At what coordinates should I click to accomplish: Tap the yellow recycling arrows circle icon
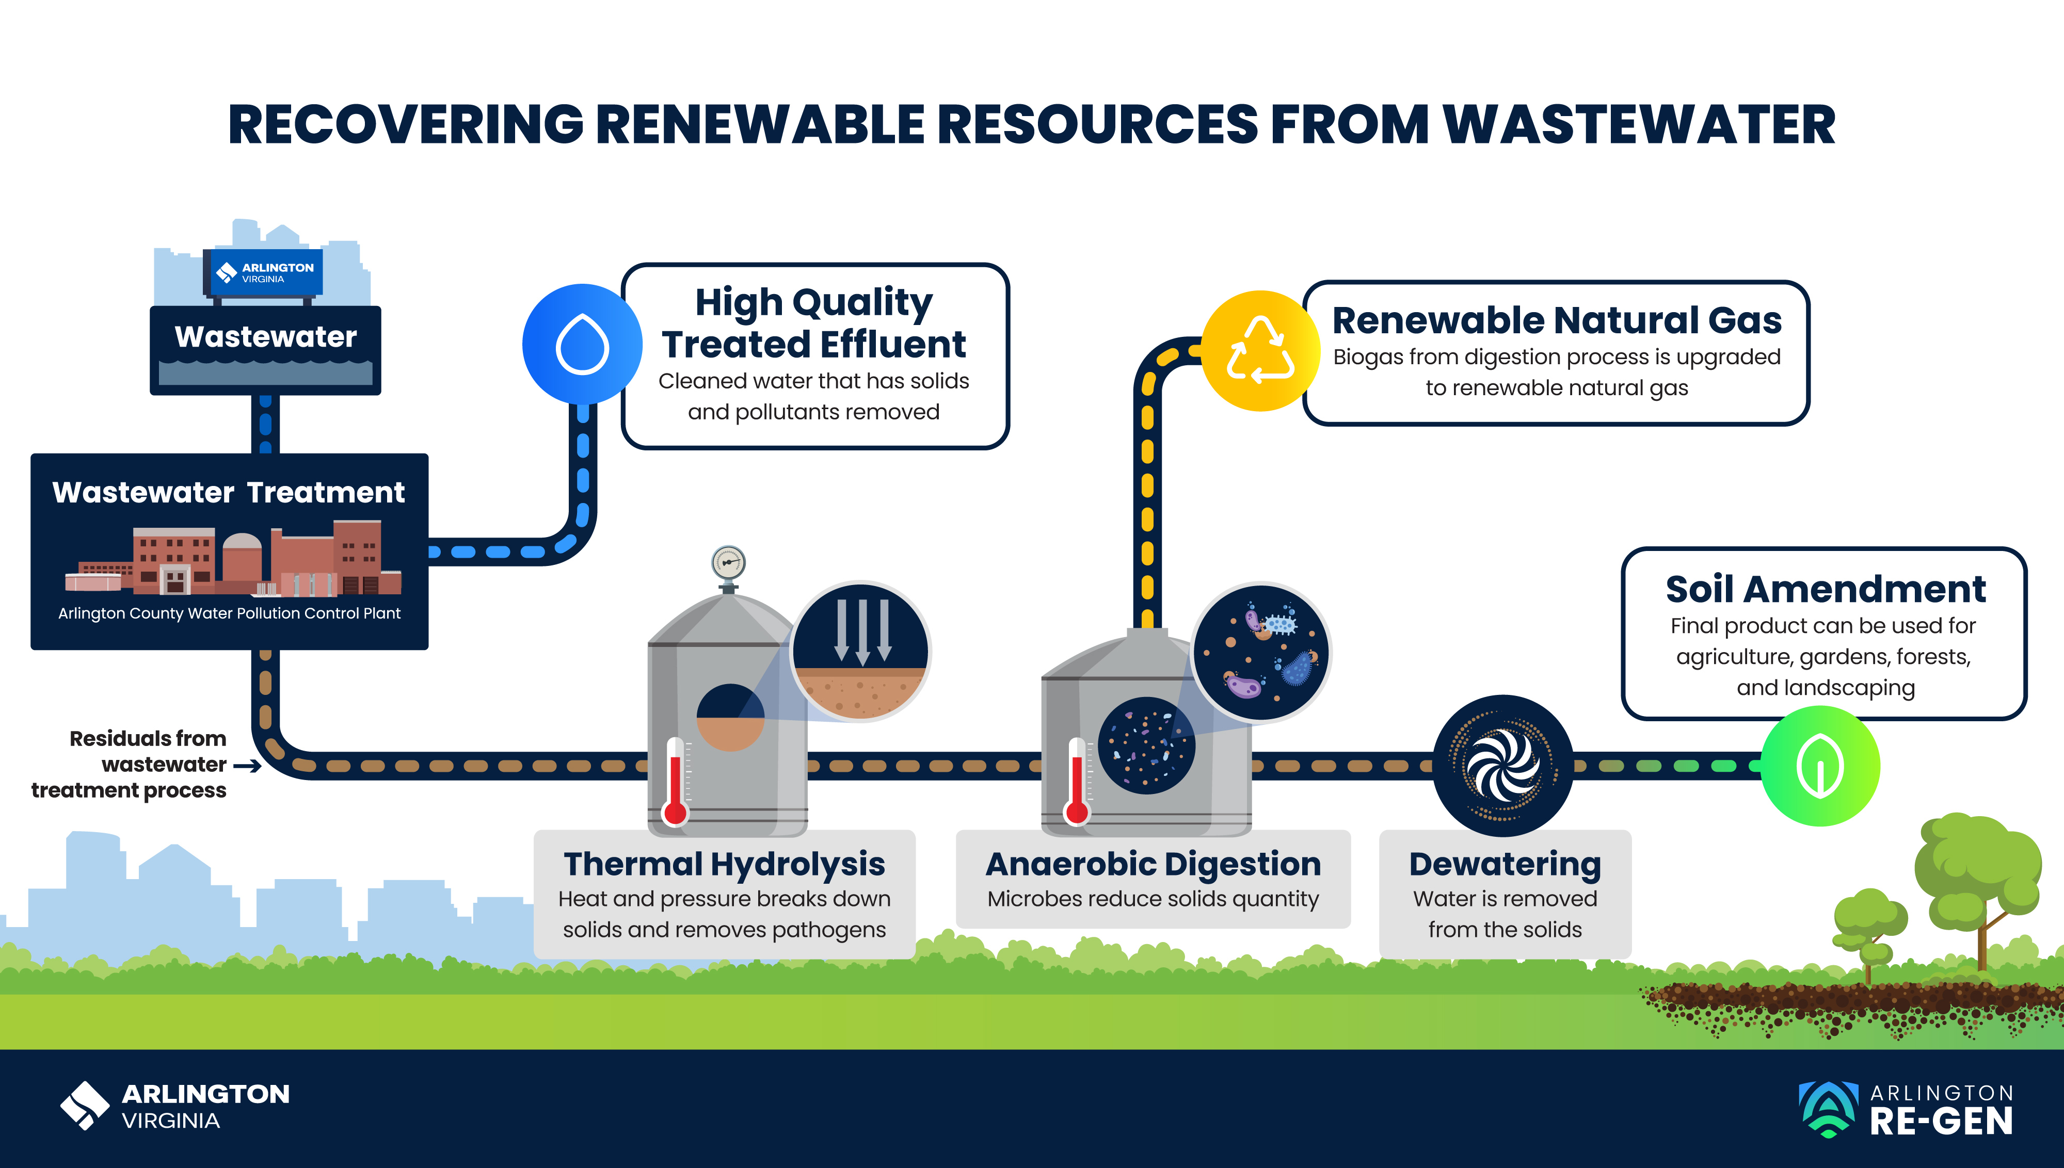[1261, 351]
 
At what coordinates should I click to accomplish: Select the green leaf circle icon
[1820, 766]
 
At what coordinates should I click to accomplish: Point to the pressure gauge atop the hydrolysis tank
[728, 563]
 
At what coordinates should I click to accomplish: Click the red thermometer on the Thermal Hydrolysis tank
[675, 782]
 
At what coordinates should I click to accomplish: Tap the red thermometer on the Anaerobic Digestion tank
[1076, 782]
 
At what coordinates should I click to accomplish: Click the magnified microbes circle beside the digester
[1261, 652]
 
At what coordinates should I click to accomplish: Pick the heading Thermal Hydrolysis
[724, 864]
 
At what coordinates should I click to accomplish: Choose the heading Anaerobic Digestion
[1153, 864]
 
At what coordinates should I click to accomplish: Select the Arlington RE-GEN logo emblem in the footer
[1828, 1109]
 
